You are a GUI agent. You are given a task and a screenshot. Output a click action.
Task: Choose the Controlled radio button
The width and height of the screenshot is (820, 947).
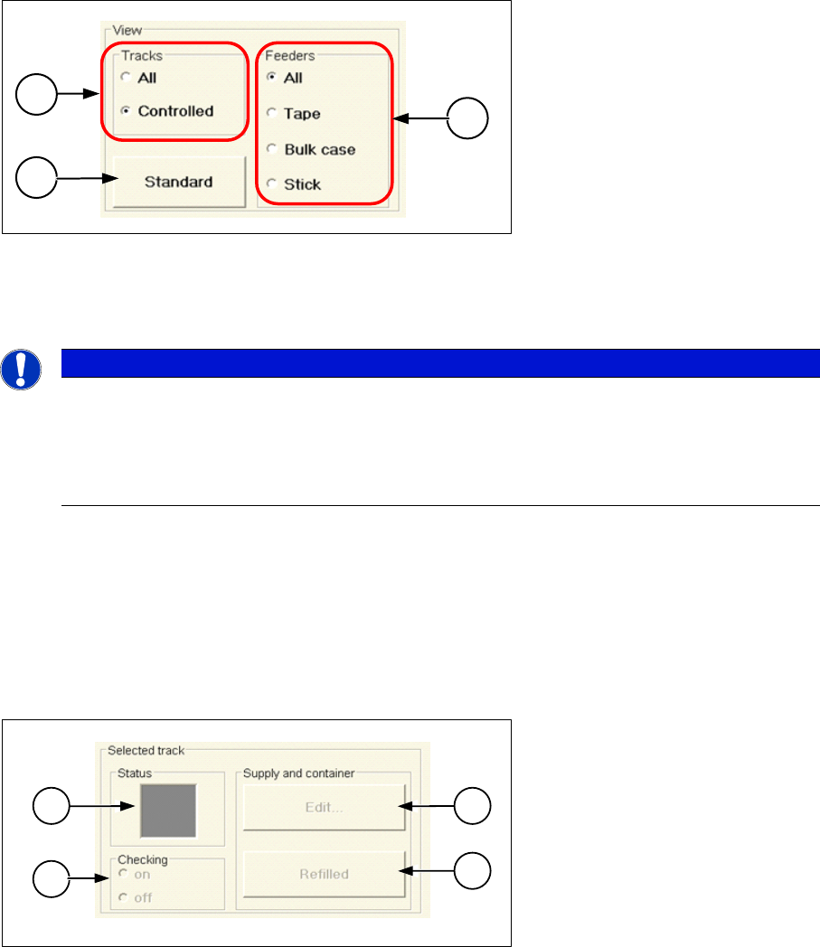coord(126,112)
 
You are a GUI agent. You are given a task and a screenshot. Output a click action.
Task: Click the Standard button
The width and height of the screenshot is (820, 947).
coord(178,182)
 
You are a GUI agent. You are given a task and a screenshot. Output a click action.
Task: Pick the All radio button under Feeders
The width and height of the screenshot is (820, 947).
coord(270,79)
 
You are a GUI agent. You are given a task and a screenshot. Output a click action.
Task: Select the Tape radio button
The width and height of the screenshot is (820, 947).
coord(270,115)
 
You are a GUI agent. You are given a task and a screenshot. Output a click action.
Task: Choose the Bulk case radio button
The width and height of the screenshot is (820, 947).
coord(270,150)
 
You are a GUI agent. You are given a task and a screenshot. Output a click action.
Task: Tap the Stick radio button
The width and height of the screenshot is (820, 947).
coord(270,184)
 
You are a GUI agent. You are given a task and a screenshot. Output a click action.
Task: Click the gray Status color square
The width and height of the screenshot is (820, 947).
coord(167,809)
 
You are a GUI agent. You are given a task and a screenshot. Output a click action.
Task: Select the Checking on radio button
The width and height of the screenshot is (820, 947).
coord(122,874)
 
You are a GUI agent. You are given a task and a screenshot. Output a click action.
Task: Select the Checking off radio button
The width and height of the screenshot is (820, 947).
coord(122,898)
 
